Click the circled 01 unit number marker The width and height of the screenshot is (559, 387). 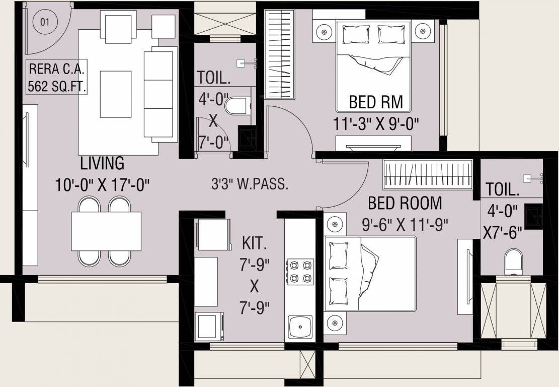pos(44,22)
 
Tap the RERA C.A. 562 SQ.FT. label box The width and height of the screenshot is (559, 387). pos(57,77)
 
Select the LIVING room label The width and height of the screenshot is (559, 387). pos(102,163)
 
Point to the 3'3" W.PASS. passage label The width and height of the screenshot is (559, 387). pos(250,184)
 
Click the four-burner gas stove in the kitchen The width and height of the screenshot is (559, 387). pos(300,272)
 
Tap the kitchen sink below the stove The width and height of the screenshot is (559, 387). pos(300,328)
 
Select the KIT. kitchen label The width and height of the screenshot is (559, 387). pos(254,244)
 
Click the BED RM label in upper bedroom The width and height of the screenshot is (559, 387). pos(376,102)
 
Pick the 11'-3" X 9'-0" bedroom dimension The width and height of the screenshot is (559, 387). pos(376,123)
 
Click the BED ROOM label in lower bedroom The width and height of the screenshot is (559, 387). pos(405,203)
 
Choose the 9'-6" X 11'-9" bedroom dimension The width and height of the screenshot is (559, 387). pos(405,224)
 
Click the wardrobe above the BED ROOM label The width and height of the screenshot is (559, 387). pos(428,175)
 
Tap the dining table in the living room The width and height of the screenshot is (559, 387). pos(106,231)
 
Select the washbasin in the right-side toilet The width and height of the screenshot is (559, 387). pos(533,217)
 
